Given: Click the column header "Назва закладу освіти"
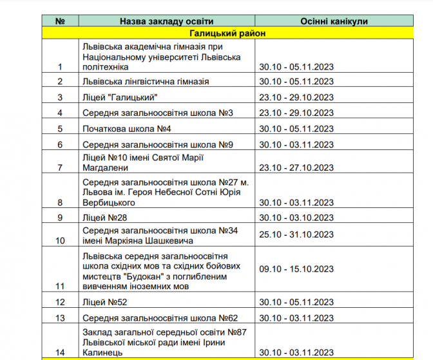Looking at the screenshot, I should point(166,21).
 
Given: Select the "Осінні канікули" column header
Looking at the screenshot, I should point(333,21).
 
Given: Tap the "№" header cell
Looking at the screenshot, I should point(61,21).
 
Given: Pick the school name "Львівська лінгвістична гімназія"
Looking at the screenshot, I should point(146,82).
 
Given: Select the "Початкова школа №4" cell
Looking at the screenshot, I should point(126,128).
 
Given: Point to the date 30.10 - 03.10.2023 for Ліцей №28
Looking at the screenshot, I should point(296,217).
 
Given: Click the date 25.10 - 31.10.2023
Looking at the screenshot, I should point(296,234).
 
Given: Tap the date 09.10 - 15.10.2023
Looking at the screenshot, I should point(296,268).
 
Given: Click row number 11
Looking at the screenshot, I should point(61,286).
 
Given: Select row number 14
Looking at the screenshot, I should point(61,352).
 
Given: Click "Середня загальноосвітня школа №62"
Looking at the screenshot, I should point(160,318).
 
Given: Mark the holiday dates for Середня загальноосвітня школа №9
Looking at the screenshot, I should point(296,144).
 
